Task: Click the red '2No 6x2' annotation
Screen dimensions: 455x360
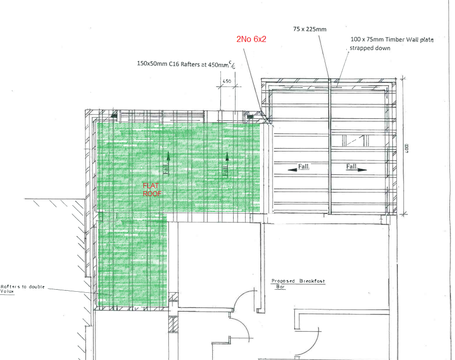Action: [251, 39]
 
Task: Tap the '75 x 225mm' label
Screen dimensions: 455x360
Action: [309, 29]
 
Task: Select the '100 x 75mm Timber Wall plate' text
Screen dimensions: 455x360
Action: [392, 39]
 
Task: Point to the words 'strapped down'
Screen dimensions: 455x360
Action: [370, 48]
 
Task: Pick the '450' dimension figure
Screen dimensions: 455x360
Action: [227, 81]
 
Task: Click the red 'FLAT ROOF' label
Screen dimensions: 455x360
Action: [152, 190]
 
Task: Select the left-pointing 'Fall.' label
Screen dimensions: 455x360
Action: [304, 167]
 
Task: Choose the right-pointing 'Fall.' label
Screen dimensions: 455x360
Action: [351, 166]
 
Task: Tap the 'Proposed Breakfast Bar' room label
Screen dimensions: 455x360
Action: [298, 284]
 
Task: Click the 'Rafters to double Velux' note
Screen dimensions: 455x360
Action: [23, 289]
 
